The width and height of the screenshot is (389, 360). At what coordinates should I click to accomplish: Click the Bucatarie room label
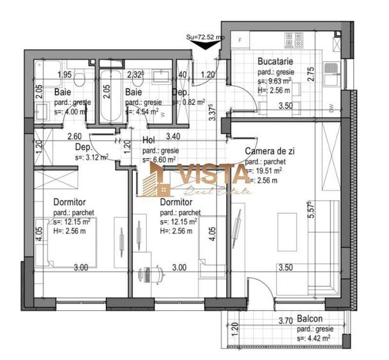(x=275, y=62)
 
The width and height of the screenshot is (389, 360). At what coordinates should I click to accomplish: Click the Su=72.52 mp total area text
(x=203, y=38)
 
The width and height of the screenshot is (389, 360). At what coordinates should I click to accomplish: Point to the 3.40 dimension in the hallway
(x=173, y=136)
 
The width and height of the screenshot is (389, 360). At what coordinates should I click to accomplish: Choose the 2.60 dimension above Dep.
(x=75, y=136)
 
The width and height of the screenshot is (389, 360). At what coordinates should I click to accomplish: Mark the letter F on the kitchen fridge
(x=240, y=40)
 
